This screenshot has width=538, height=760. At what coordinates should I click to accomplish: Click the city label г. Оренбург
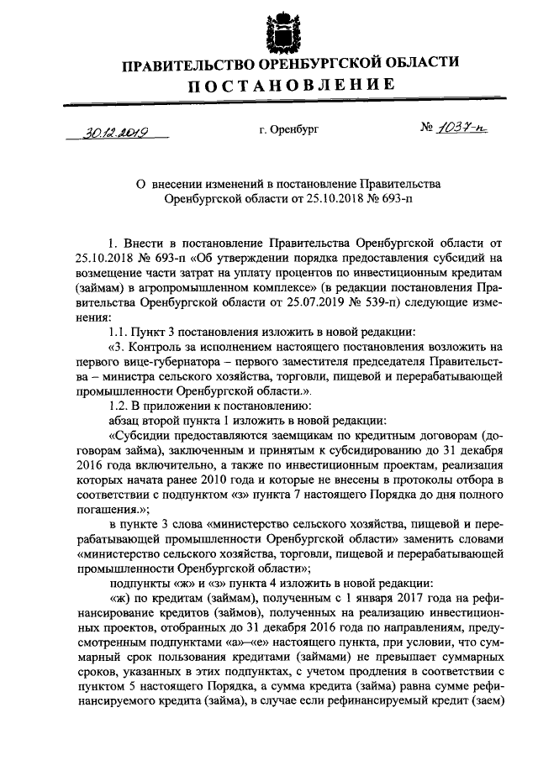pyautogui.click(x=288, y=130)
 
